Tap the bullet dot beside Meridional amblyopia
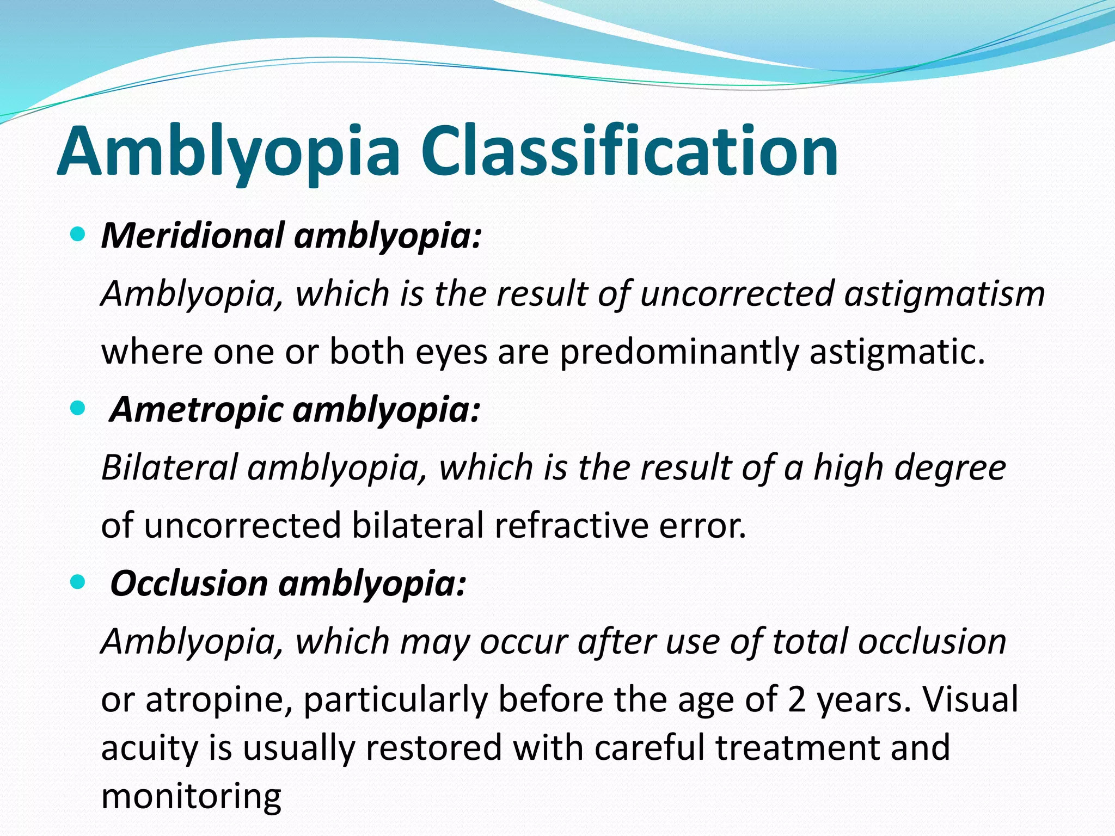(78, 235)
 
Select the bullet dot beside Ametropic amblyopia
(78, 408)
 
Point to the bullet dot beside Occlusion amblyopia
(78, 582)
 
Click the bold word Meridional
(193, 236)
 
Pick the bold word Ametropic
(196, 409)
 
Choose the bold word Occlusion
(188, 583)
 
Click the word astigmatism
(945, 294)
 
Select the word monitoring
(191, 797)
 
